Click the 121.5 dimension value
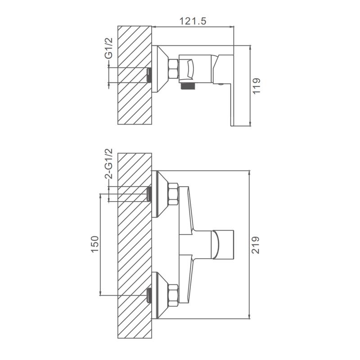(x=193, y=21)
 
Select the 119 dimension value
(x=256, y=85)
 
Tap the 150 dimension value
(x=95, y=244)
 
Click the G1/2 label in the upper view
(x=109, y=49)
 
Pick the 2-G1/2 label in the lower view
(x=109, y=163)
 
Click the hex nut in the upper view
(x=173, y=68)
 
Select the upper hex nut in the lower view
(x=173, y=194)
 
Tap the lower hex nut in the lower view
(x=173, y=295)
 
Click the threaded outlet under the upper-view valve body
(x=188, y=86)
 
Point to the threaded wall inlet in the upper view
(x=149, y=75)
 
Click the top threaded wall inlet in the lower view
(x=149, y=194)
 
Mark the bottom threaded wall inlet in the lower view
(x=149, y=295)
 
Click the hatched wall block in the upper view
(x=135, y=75)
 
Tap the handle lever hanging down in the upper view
(x=232, y=104)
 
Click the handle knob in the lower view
(x=223, y=244)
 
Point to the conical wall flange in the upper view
(x=160, y=69)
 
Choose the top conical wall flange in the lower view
(x=160, y=194)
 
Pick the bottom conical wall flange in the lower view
(x=160, y=295)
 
